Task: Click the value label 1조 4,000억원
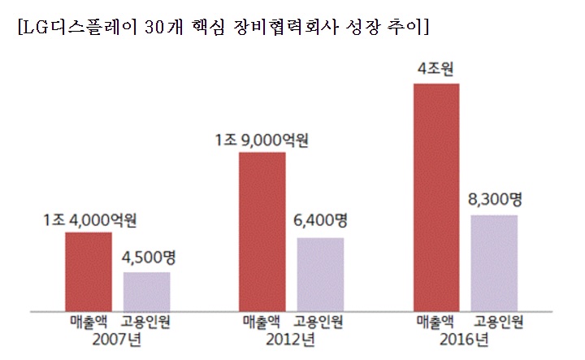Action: [89, 219]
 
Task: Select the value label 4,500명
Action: [148, 259]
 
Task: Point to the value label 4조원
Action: [435, 68]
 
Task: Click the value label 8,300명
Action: [495, 199]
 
